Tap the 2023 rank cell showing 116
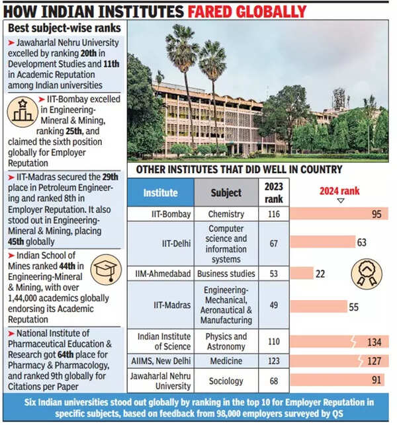coord(273,214)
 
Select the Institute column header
coord(161,193)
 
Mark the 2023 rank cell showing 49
coord(273,305)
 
